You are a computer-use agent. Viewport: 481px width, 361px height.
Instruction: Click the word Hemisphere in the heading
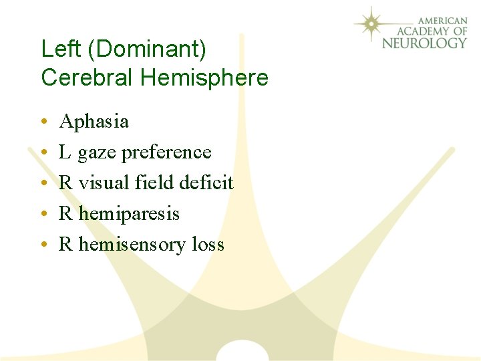(x=204, y=78)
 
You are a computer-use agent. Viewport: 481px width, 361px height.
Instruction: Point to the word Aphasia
(x=94, y=122)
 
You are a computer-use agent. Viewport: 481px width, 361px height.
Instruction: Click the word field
(x=156, y=183)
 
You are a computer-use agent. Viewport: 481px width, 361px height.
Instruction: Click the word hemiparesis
(x=129, y=214)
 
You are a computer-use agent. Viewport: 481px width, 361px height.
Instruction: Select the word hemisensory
(x=132, y=245)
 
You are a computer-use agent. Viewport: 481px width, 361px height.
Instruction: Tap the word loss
(x=208, y=245)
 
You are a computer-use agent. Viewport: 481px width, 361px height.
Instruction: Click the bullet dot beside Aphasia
(x=42, y=122)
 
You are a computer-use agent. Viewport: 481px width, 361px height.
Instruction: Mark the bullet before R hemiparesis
(x=42, y=215)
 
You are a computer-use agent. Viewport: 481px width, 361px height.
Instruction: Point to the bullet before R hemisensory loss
(x=42, y=245)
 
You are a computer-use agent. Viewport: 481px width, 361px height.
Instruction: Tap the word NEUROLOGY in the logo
(x=424, y=43)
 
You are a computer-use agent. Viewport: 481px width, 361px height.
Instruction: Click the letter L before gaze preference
(x=65, y=152)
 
